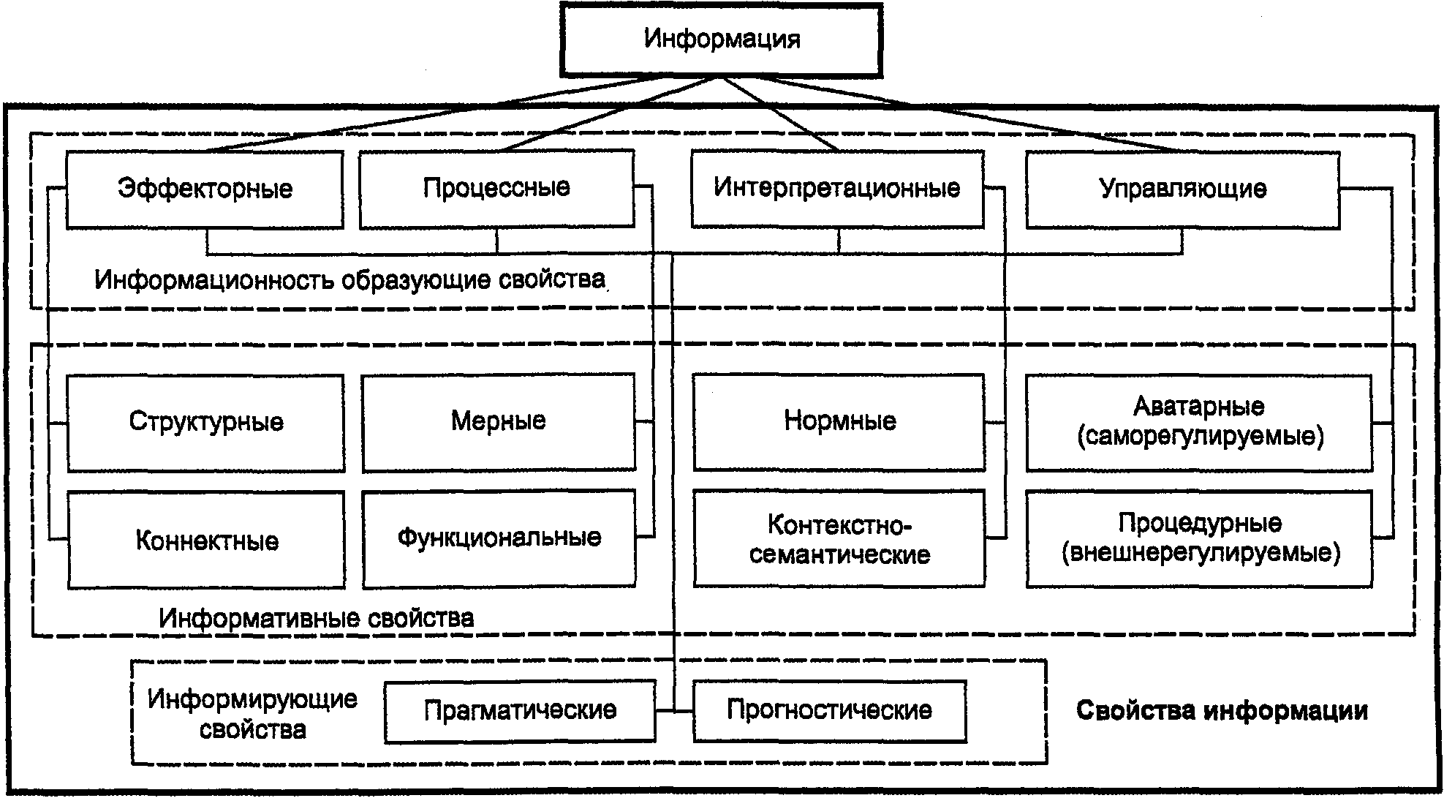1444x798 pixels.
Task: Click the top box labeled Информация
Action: click(722, 39)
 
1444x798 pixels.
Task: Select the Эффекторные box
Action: click(205, 189)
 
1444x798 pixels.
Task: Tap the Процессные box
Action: click(496, 188)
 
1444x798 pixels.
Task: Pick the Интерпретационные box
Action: click(837, 188)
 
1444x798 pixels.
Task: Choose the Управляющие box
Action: click(1182, 189)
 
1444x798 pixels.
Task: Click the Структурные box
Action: click(206, 422)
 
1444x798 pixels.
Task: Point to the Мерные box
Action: click(499, 421)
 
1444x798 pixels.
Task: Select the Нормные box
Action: click(839, 421)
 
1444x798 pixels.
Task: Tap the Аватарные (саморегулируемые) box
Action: click(1199, 422)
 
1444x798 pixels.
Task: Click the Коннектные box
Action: click(207, 541)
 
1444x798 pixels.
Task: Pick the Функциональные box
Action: click(499, 538)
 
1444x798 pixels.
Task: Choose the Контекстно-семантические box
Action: click(839, 539)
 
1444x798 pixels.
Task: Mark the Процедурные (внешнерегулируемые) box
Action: click(1199, 538)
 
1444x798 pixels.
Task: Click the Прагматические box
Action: click(520, 710)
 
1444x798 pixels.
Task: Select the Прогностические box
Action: click(829, 710)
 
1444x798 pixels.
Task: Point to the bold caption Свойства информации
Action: click(1222, 711)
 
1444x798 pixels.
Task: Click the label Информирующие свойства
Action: click(252, 714)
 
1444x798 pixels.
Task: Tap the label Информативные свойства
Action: click(316, 619)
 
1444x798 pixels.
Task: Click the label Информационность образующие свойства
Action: click(349, 280)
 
